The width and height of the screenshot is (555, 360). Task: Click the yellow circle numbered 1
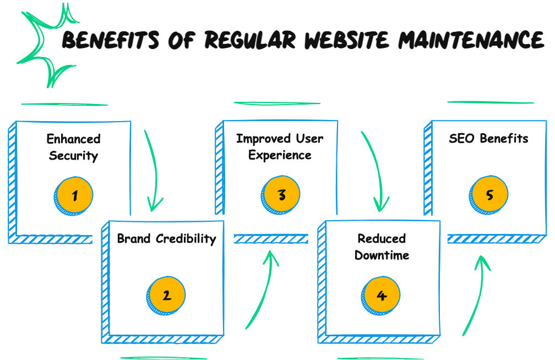(x=74, y=195)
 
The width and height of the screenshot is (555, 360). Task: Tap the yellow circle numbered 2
(x=167, y=296)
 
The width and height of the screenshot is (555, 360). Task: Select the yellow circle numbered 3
(x=282, y=195)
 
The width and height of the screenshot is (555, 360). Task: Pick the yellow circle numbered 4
(x=382, y=296)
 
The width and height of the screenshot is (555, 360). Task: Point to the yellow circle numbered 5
(x=489, y=195)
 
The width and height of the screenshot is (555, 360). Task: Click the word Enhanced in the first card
(x=73, y=139)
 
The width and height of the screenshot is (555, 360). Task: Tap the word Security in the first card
(x=73, y=156)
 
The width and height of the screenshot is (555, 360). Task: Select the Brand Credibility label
(x=166, y=239)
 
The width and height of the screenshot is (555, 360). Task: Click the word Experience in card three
(x=280, y=155)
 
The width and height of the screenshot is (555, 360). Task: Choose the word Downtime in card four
(x=382, y=255)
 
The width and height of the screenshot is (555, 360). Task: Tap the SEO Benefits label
(x=488, y=139)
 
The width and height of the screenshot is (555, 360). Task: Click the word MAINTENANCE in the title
(x=471, y=40)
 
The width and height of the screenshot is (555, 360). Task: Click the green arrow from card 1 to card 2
(x=154, y=171)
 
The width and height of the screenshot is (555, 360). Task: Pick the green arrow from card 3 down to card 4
(x=374, y=171)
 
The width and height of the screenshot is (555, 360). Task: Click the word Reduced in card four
(x=382, y=239)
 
